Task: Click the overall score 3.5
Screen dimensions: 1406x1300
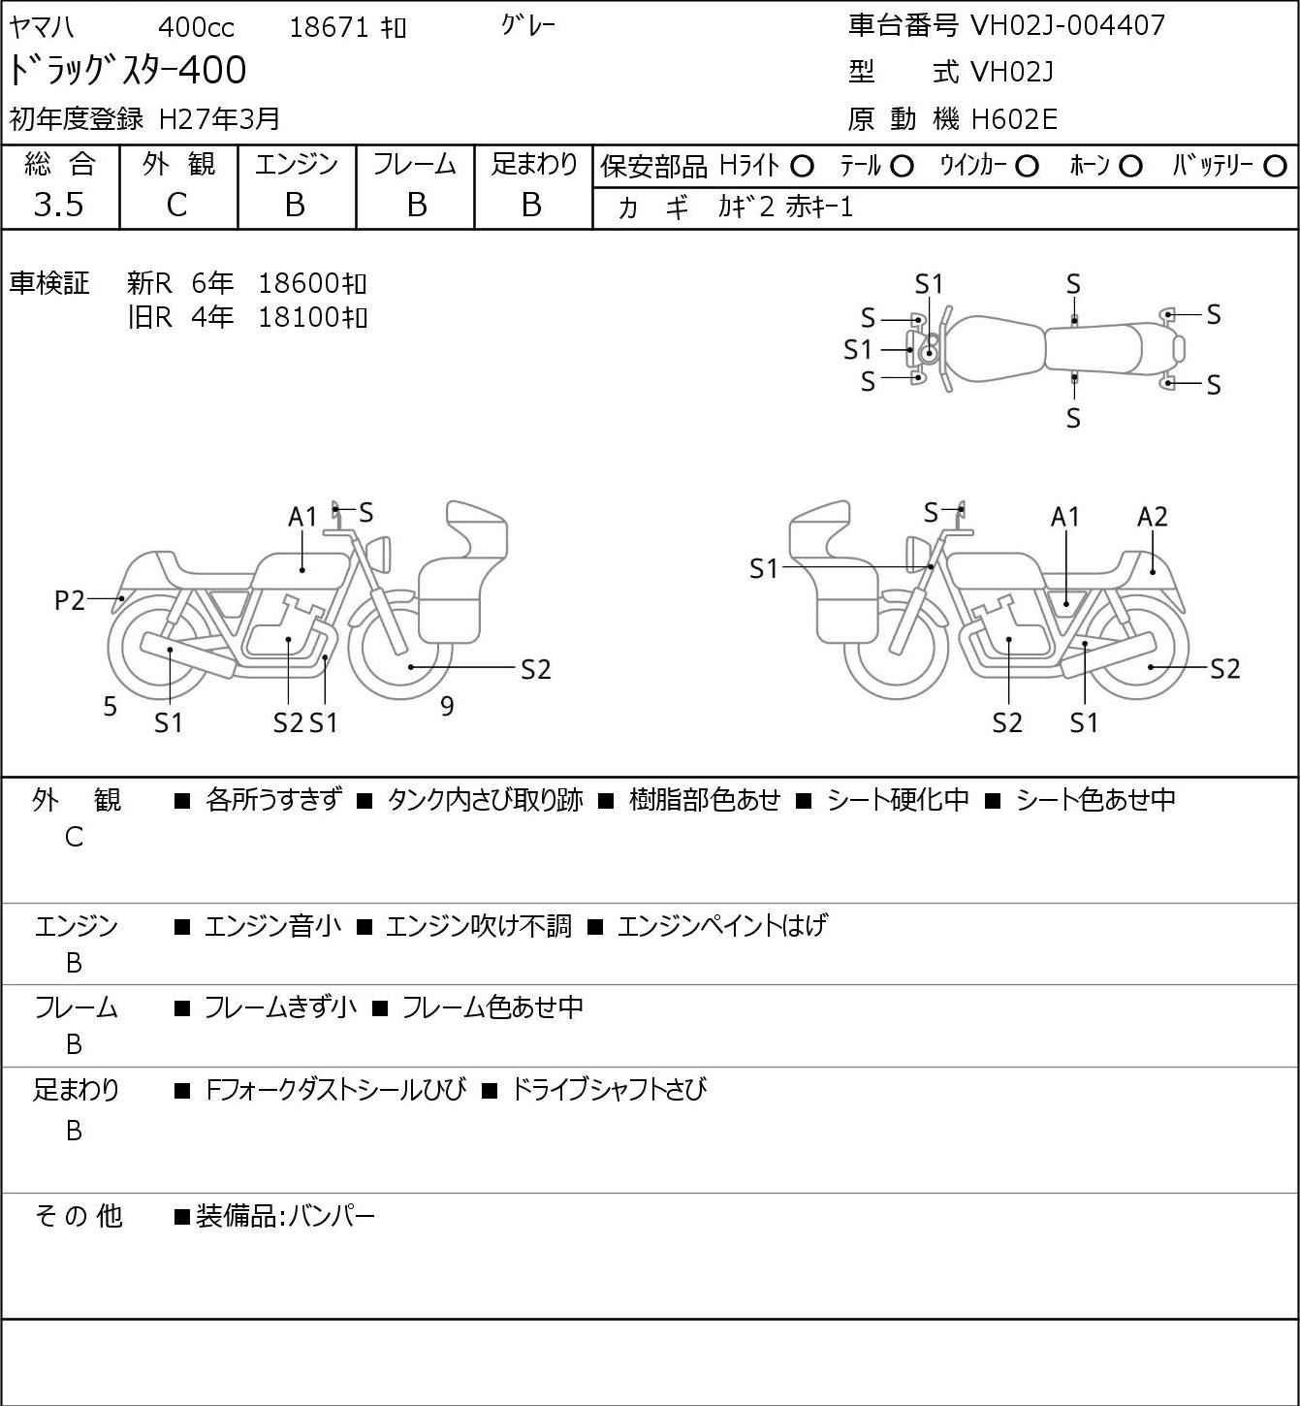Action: [59, 205]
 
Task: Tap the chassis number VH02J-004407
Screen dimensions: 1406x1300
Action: [1067, 25]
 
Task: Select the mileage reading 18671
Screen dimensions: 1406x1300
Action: [329, 27]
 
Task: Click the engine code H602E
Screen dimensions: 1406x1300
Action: [1014, 119]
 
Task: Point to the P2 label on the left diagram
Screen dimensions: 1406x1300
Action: [70, 601]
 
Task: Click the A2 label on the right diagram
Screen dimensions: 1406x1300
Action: [1152, 517]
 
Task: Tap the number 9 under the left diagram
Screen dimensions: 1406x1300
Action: [447, 706]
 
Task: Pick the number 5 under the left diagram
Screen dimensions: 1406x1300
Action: [111, 707]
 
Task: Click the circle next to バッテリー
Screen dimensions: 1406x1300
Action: [1275, 167]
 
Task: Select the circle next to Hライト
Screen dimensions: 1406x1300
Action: [802, 167]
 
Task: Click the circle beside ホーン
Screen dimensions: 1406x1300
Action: [1130, 167]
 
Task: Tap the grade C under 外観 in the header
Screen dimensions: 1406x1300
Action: [176, 205]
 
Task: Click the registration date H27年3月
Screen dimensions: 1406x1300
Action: [220, 118]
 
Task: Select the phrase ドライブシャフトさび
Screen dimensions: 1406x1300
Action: [608, 1090]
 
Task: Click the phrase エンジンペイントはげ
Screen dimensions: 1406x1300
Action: [721, 926]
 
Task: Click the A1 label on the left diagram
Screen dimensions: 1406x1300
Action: [302, 517]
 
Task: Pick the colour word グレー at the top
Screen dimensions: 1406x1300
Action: [528, 25]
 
